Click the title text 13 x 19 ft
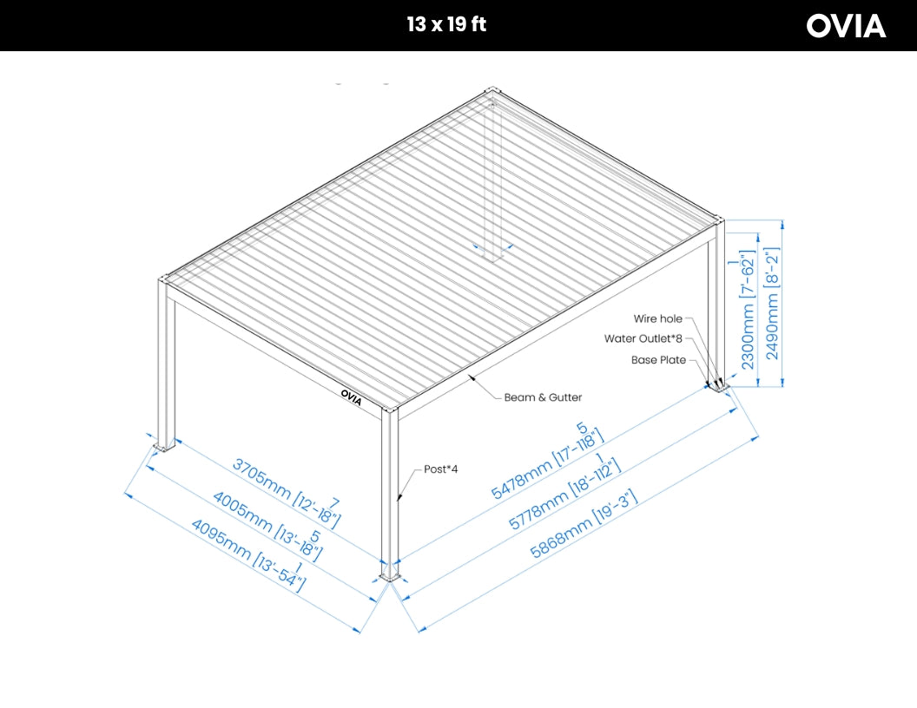click(x=446, y=24)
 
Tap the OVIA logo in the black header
click(x=846, y=26)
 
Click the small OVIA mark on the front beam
click(x=352, y=396)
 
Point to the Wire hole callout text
click(x=657, y=319)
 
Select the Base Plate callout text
click(x=658, y=360)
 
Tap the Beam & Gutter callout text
click(x=543, y=397)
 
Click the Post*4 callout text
click(x=440, y=469)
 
